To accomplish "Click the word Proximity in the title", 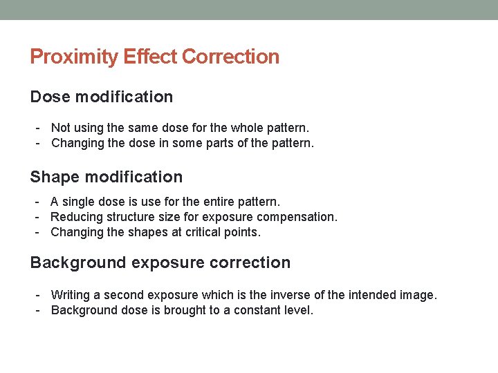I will (74, 57).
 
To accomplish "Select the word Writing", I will (71, 295).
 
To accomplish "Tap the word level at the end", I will (299, 310).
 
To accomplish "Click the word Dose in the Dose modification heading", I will (50, 97).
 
